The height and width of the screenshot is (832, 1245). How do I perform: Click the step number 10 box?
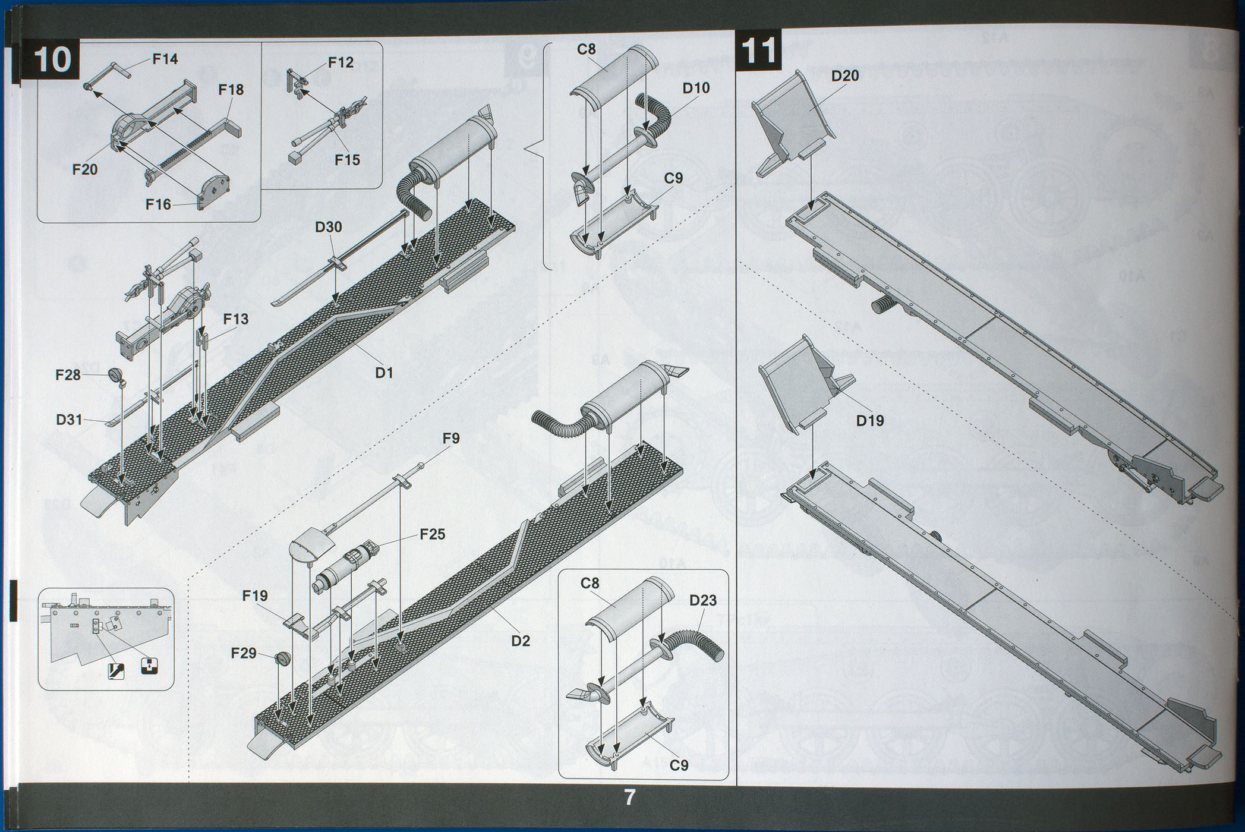pyautogui.click(x=53, y=59)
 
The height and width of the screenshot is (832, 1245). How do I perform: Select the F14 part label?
pyautogui.click(x=165, y=59)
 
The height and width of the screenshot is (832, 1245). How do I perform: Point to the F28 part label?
pyautogui.click(x=68, y=375)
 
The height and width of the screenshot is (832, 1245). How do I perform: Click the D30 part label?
pyautogui.click(x=328, y=227)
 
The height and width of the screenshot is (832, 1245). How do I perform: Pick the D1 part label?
pyautogui.click(x=384, y=373)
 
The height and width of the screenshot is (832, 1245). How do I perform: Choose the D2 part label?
pyautogui.click(x=520, y=641)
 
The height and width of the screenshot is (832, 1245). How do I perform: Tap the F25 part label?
pyautogui.click(x=432, y=534)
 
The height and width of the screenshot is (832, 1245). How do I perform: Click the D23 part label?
pyautogui.click(x=703, y=600)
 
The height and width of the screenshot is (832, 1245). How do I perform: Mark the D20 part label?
pyautogui.click(x=844, y=75)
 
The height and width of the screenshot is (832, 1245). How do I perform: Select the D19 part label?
pyautogui.click(x=869, y=421)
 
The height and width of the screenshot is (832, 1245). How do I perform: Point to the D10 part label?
pyautogui.click(x=696, y=88)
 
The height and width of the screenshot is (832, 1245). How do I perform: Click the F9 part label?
pyautogui.click(x=451, y=439)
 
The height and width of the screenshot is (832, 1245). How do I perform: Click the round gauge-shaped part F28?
pyautogui.click(x=115, y=375)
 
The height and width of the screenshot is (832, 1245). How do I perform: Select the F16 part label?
pyautogui.click(x=158, y=204)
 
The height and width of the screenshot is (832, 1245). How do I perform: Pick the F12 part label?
pyautogui.click(x=340, y=62)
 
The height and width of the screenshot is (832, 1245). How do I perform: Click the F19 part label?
pyautogui.click(x=255, y=595)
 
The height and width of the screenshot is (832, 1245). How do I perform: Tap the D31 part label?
pyautogui.click(x=69, y=420)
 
